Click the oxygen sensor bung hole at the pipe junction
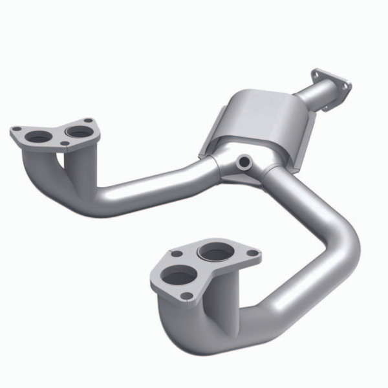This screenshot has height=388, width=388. point(244,160)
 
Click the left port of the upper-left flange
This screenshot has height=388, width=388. point(39,137)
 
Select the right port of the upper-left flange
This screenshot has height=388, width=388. point(79,131)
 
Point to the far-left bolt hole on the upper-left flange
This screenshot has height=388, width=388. point(16,131)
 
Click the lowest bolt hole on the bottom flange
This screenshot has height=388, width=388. point(188,296)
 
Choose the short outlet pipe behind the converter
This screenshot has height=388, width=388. point(310,97)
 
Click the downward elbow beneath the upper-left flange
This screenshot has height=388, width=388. point(48,175)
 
